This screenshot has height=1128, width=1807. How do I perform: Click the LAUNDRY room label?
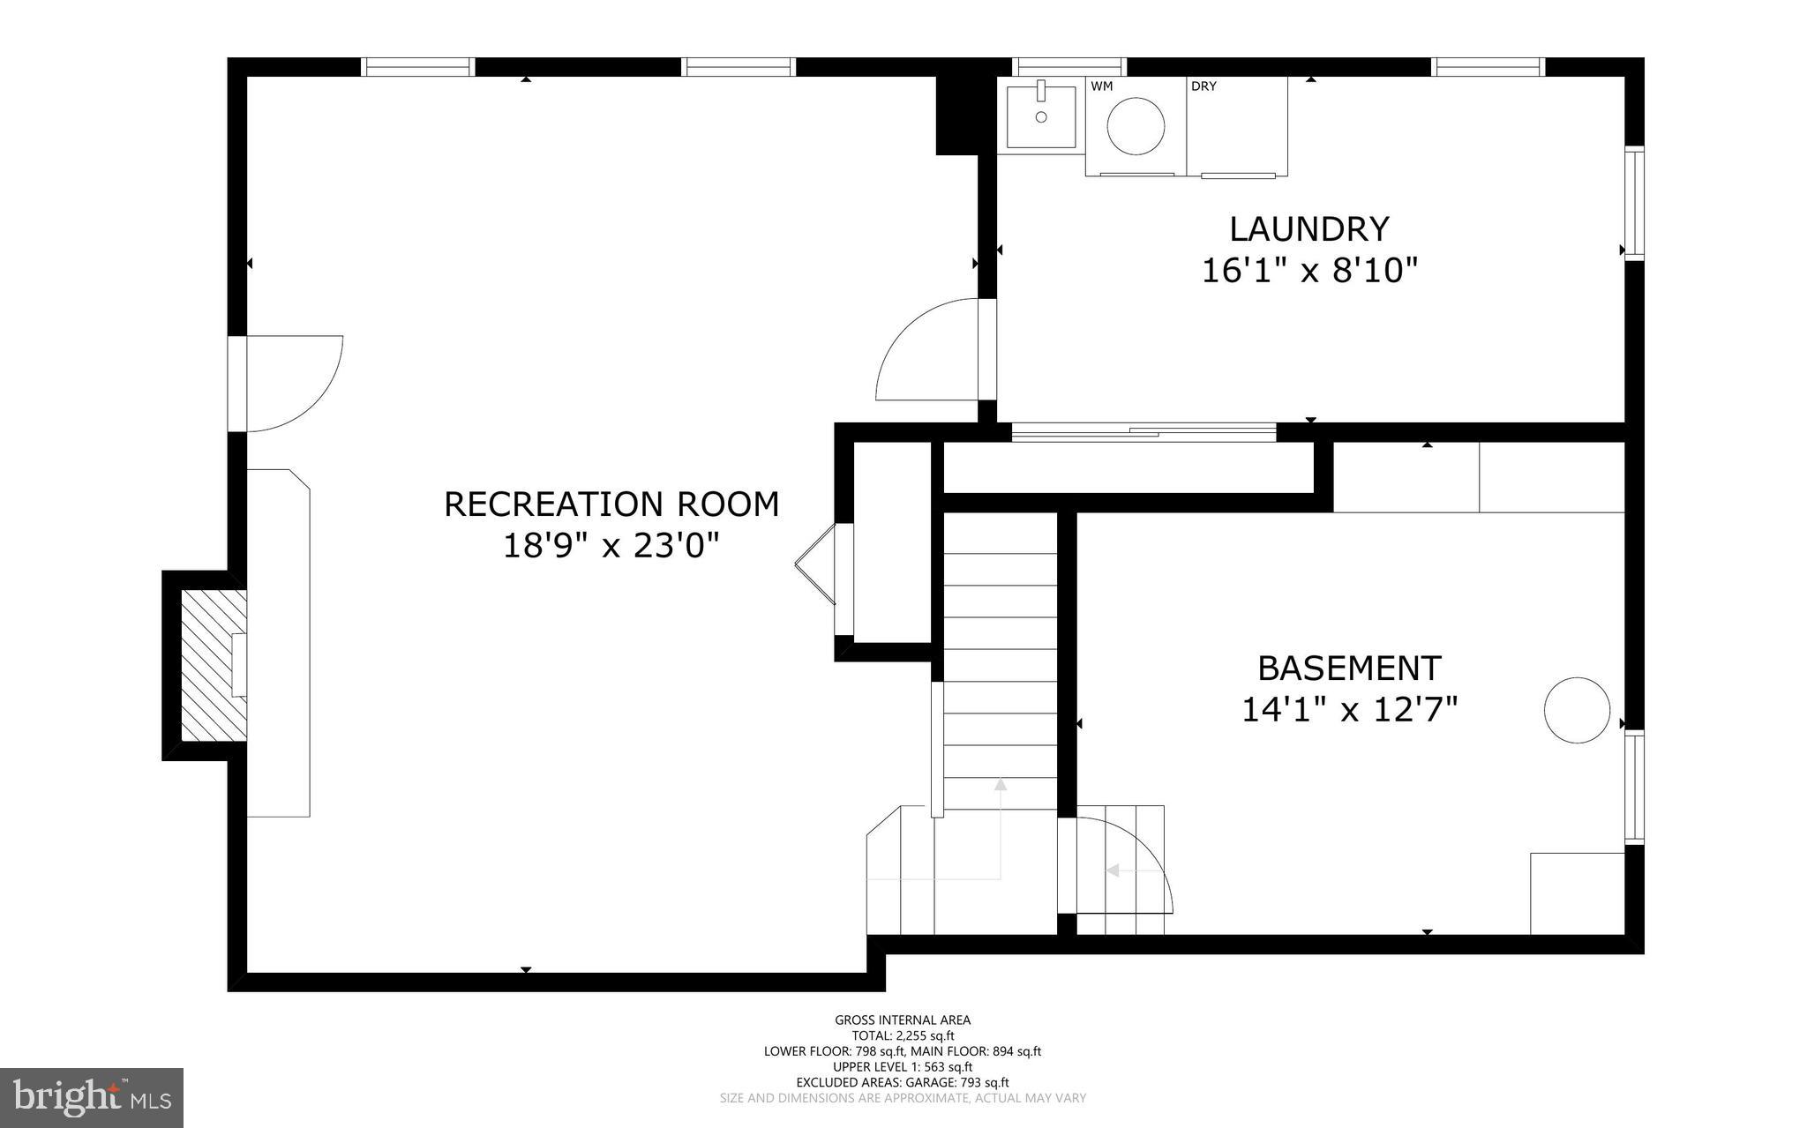tap(1309, 229)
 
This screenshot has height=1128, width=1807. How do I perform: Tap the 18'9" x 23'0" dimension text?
tap(611, 546)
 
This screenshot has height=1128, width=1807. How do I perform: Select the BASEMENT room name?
tap(1349, 669)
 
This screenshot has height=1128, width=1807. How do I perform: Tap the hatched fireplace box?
tap(213, 665)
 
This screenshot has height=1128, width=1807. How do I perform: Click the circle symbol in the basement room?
tap(1578, 710)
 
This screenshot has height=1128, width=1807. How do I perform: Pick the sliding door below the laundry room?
tap(1143, 432)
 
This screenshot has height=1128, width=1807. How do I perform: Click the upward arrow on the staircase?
tap(1001, 784)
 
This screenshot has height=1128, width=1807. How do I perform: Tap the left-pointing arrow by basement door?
tap(1113, 870)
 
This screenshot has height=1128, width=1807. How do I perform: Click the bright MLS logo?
tap(92, 1098)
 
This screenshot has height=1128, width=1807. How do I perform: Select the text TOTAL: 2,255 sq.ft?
tap(903, 1036)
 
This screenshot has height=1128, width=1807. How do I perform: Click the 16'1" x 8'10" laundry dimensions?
tap(1309, 271)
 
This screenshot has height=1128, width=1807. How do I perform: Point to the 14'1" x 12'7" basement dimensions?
tap(1349, 710)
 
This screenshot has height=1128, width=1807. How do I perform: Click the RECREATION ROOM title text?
tap(611, 504)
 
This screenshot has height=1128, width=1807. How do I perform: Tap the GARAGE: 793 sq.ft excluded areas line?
tap(903, 1082)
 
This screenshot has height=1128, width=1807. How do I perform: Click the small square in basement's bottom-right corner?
tap(1577, 893)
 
